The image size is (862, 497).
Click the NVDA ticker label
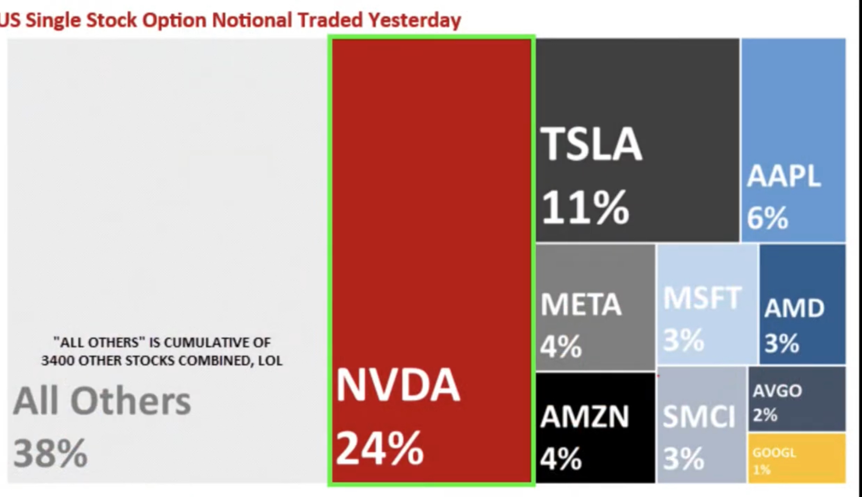(398, 385)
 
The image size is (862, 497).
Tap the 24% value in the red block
(379, 448)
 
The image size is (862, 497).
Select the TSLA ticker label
(591, 144)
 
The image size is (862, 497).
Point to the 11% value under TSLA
(585, 207)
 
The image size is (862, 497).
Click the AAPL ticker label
(784, 176)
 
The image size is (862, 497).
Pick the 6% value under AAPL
(767, 218)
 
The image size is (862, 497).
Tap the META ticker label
(581, 305)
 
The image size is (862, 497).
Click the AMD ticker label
(794, 308)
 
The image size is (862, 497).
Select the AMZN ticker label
(584, 416)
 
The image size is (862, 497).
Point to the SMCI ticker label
(699, 417)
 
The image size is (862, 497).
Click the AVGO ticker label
(777, 390)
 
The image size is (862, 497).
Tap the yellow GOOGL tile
(796, 458)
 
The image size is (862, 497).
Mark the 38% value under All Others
(50, 453)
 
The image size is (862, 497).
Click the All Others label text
(102, 401)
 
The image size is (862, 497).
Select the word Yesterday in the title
(415, 20)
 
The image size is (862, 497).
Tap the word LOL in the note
(270, 361)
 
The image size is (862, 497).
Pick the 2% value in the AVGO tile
(765, 414)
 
